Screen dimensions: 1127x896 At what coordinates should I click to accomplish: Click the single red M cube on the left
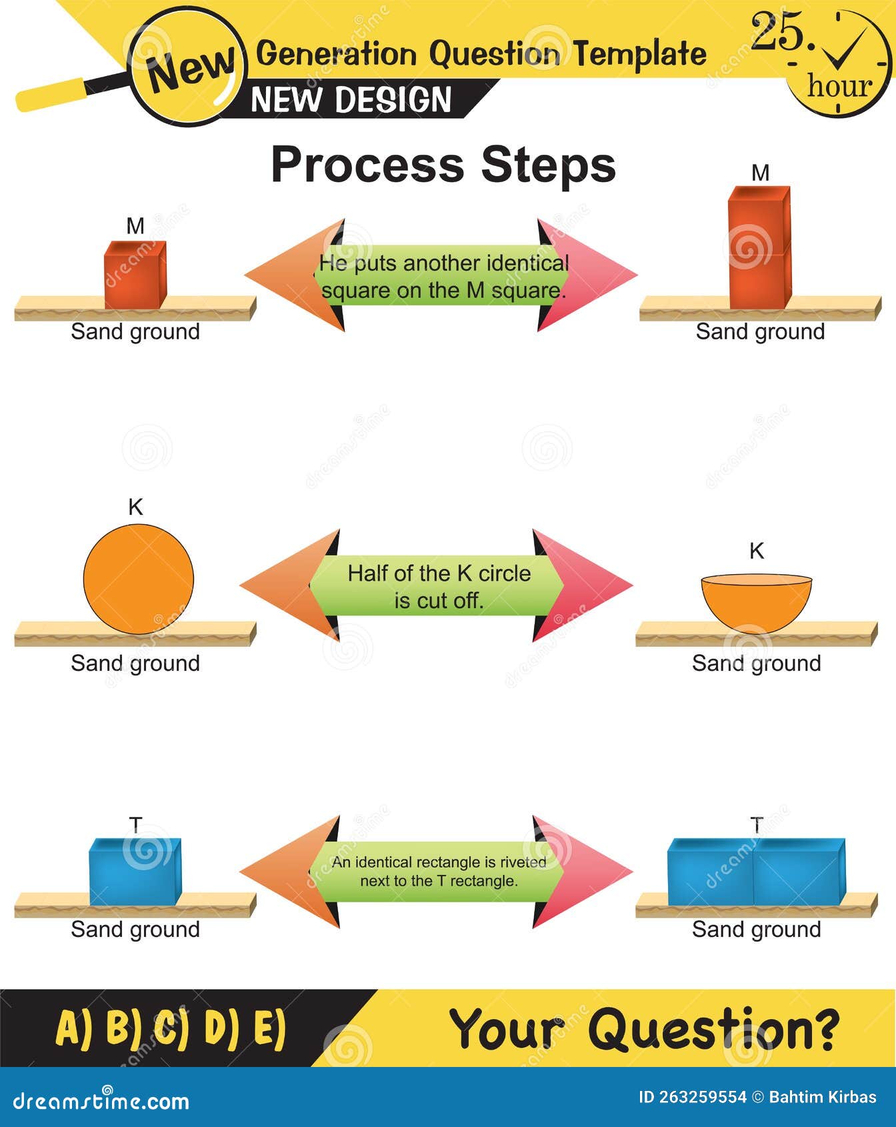point(135,275)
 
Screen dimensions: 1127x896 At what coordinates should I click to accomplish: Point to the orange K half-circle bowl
point(756,602)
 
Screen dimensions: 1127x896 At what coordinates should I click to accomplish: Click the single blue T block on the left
point(135,872)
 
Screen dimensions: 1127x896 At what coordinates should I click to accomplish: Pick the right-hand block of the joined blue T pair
point(799,872)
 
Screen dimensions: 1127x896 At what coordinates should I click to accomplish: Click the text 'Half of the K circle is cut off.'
point(439,586)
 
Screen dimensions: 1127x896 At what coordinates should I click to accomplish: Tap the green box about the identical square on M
point(443,276)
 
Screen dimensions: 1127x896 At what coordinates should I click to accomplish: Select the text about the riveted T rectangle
point(439,871)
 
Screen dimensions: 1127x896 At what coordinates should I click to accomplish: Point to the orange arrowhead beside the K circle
point(283,586)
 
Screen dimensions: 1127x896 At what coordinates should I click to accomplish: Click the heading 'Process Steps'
point(443,165)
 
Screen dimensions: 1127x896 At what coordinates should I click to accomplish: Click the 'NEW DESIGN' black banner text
point(351,100)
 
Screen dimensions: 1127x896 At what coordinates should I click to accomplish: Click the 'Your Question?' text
point(644,1029)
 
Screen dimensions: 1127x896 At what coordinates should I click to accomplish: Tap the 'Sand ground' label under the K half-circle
point(756,663)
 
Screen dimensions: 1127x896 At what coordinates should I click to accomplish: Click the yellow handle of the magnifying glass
point(51,94)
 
